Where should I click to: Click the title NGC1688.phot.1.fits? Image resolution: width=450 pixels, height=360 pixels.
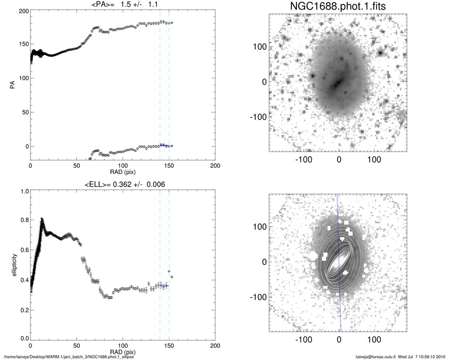tap(339, 7)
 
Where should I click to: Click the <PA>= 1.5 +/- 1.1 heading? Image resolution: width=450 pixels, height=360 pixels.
tap(123, 5)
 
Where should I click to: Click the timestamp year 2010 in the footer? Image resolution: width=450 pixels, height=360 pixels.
tap(441, 356)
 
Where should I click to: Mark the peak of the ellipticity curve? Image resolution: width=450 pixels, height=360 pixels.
tap(42, 219)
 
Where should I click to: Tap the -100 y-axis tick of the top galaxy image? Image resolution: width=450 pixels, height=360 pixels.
tap(260, 116)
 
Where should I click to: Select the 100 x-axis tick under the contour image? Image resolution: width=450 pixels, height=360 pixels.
tap(374, 338)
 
